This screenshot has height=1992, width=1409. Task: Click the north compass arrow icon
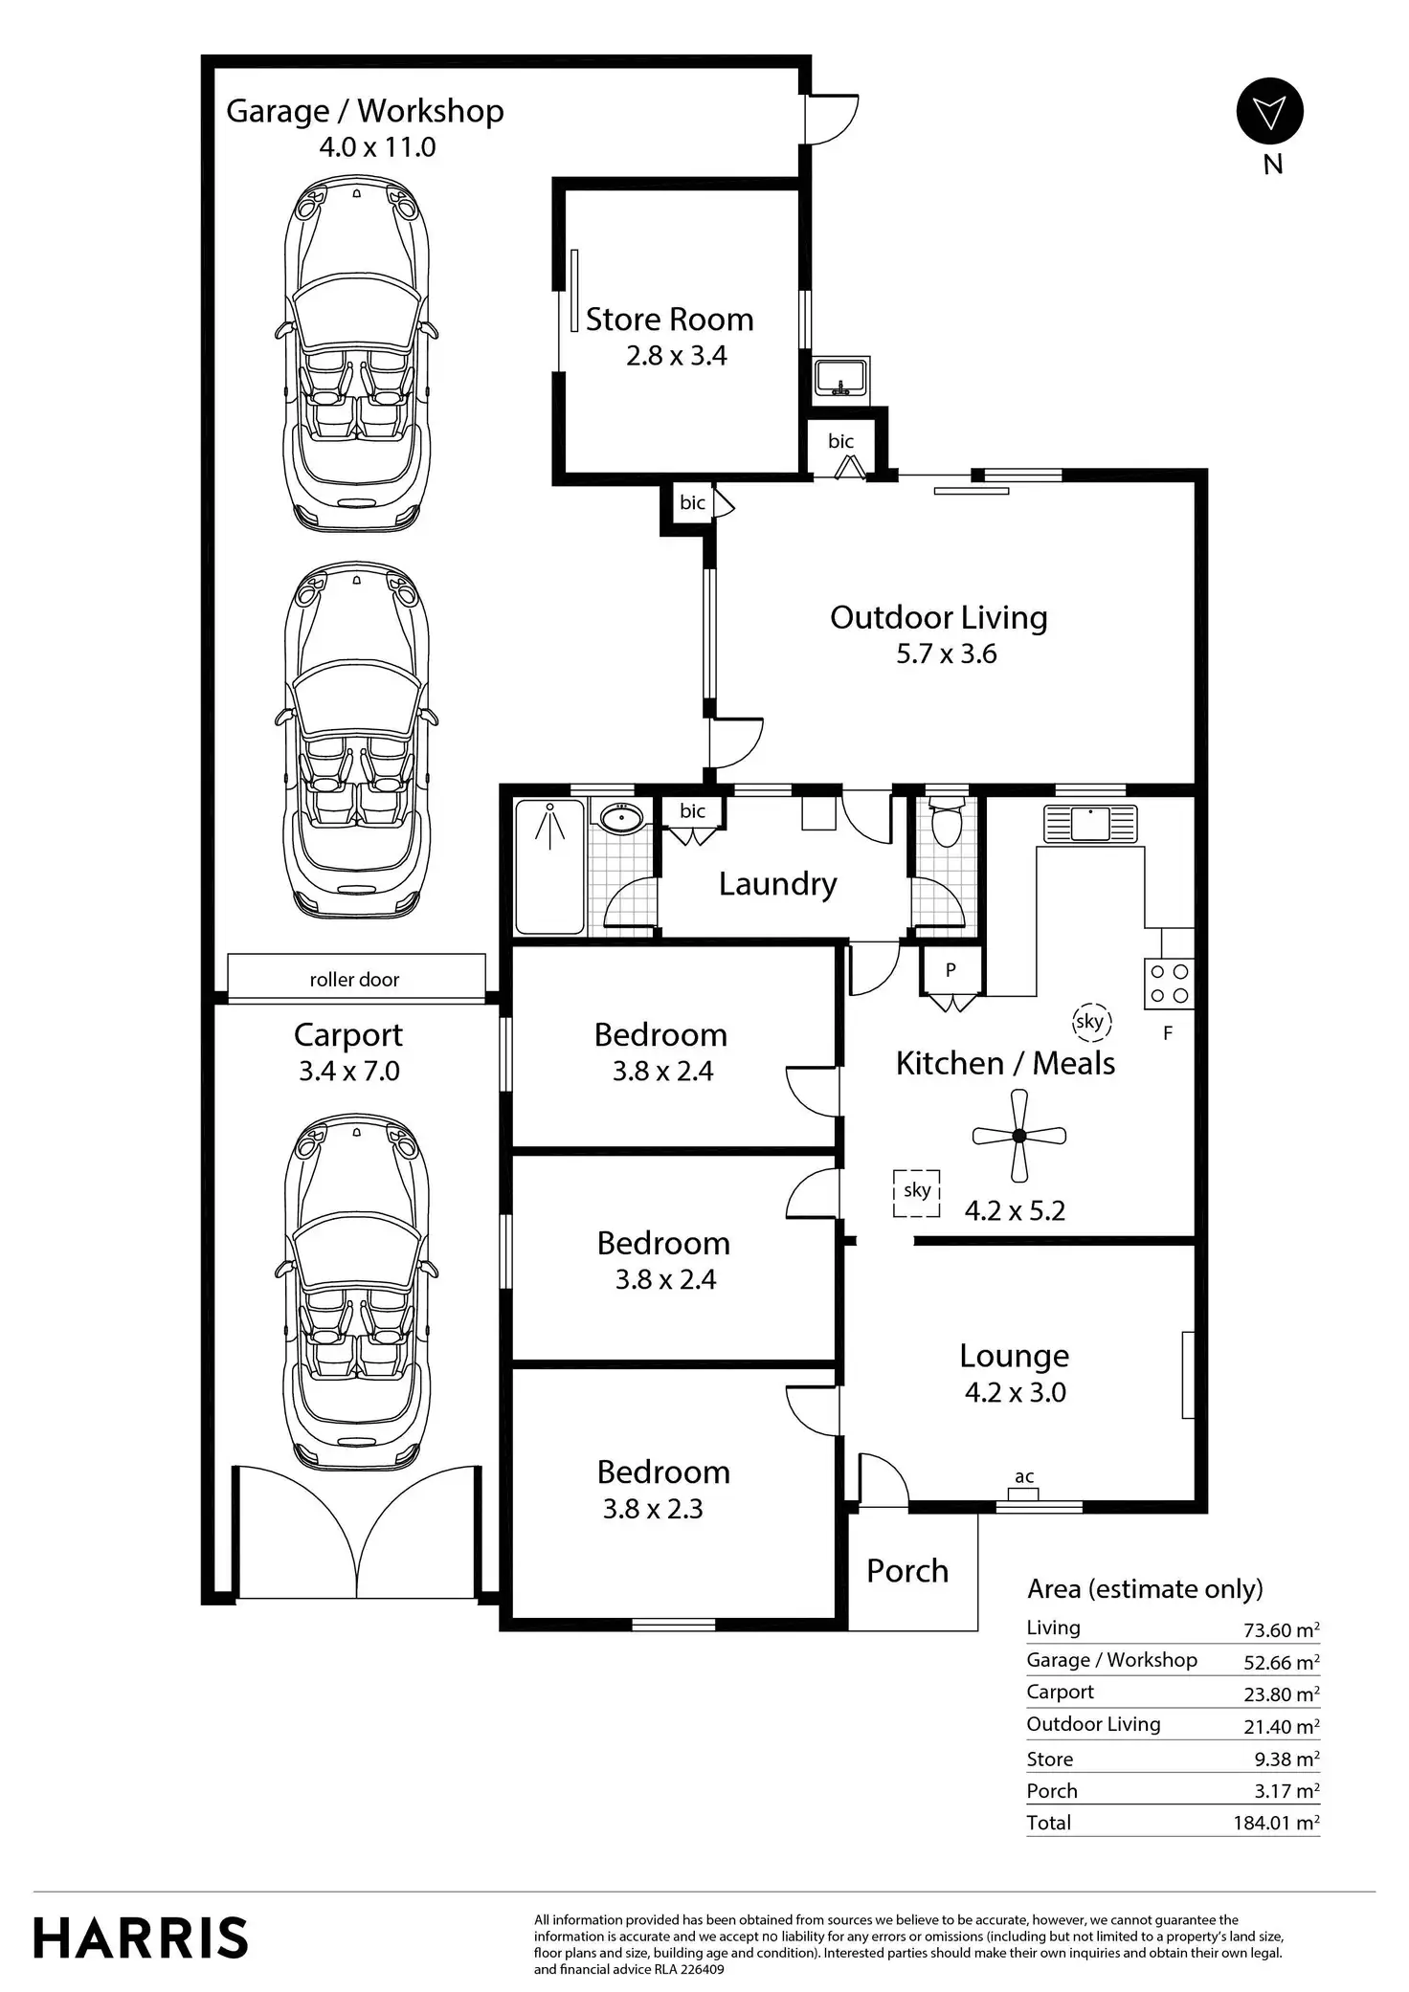point(1269,112)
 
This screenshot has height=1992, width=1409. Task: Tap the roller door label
point(354,979)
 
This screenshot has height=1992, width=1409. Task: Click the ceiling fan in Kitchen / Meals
point(1019,1136)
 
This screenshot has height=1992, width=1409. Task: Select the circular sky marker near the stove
point(1089,1021)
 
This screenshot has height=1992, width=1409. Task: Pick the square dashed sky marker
point(916,1192)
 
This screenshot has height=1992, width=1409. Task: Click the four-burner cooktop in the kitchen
point(1169,984)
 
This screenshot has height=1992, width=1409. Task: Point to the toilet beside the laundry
point(946,822)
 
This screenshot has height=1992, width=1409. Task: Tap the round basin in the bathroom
point(622,817)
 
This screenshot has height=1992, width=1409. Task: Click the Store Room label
point(669,319)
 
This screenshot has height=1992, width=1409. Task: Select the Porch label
point(906,1570)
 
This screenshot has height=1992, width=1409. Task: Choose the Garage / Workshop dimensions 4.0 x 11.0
point(377,147)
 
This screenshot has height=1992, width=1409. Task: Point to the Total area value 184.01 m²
point(1276,1823)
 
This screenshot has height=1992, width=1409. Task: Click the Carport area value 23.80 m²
point(1281,1693)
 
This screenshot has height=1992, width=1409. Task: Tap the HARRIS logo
point(141,1937)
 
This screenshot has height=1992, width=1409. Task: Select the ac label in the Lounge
point(1024,1476)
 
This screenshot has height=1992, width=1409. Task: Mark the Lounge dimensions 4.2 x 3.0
point(1015,1392)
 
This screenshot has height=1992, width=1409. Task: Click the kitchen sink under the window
point(1090,823)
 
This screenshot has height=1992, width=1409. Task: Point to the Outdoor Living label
point(938,617)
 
